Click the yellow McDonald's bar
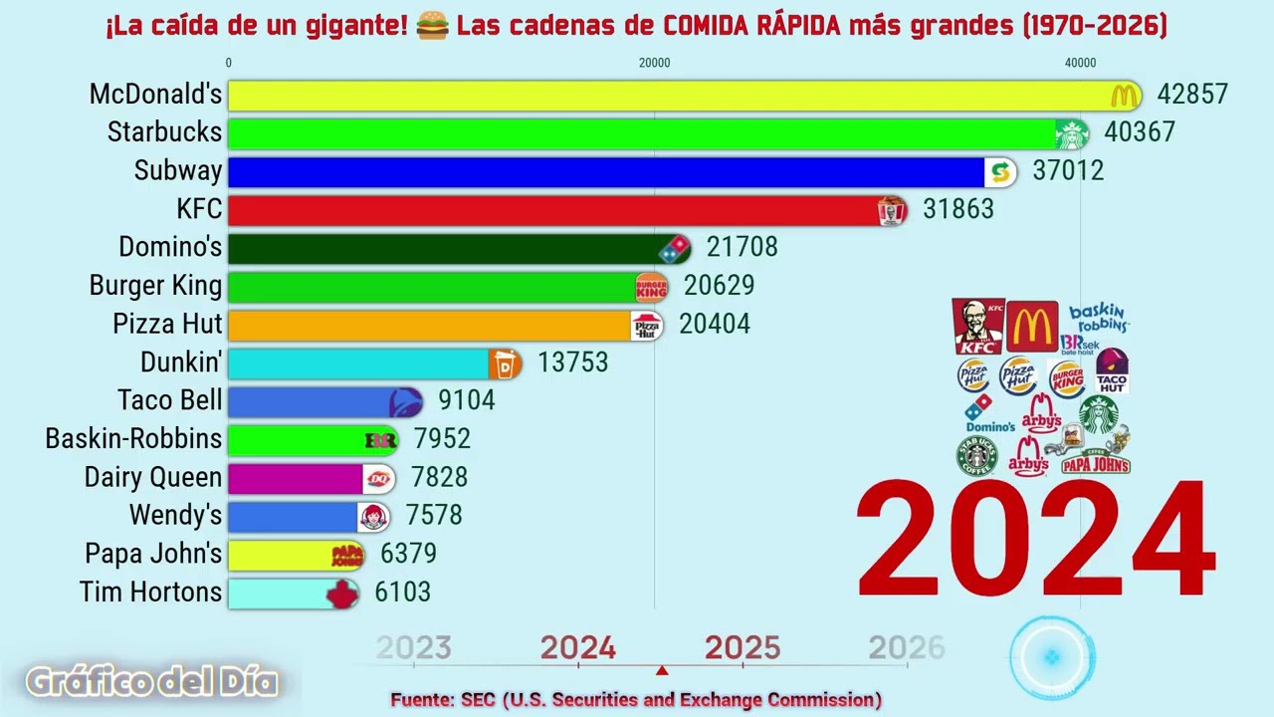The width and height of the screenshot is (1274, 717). click(667, 96)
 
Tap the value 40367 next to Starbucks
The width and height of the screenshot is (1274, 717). click(1140, 132)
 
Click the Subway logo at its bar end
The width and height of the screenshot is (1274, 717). click(1000, 171)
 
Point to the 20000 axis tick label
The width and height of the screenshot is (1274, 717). click(654, 63)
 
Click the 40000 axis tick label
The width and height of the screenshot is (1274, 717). click(1080, 63)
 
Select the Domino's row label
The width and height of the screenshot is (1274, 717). click(170, 247)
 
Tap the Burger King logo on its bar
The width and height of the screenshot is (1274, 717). click(651, 287)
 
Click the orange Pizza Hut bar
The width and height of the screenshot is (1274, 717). click(428, 325)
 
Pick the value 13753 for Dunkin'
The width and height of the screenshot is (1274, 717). click(572, 362)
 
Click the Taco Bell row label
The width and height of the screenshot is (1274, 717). click(169, 400)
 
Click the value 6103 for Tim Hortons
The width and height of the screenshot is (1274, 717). click(402, 593)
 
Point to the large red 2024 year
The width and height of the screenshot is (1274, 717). click(1035, 542)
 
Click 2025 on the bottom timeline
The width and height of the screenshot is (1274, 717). click(743, 648)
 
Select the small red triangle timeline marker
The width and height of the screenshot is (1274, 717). click(662, 670)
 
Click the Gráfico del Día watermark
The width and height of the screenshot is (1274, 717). click(151, 682)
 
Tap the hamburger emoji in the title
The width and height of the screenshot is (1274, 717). click(432, 26)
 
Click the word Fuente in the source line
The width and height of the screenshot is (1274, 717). click(421, 700)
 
